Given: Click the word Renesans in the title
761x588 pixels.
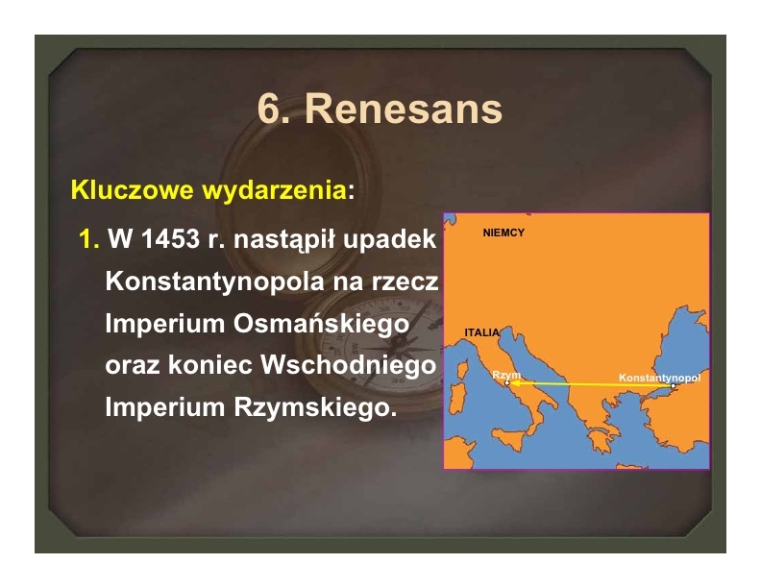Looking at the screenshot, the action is point(404,109).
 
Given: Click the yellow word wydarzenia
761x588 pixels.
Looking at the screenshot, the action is point(274,190).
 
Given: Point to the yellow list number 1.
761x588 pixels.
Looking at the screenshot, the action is point(87,239).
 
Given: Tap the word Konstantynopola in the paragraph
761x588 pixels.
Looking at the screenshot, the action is point(214,282).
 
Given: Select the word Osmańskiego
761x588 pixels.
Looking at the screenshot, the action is point(321,324).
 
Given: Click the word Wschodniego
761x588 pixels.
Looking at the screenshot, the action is point(349,365).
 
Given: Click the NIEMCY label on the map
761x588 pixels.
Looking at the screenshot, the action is point(503,233).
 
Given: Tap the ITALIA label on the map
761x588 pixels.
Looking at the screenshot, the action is point(481,332).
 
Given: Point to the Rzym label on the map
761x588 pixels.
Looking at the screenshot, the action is point(505,375).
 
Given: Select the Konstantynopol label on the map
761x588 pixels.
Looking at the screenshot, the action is point(659,378).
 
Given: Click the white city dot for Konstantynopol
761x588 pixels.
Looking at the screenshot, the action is point(673,385).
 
